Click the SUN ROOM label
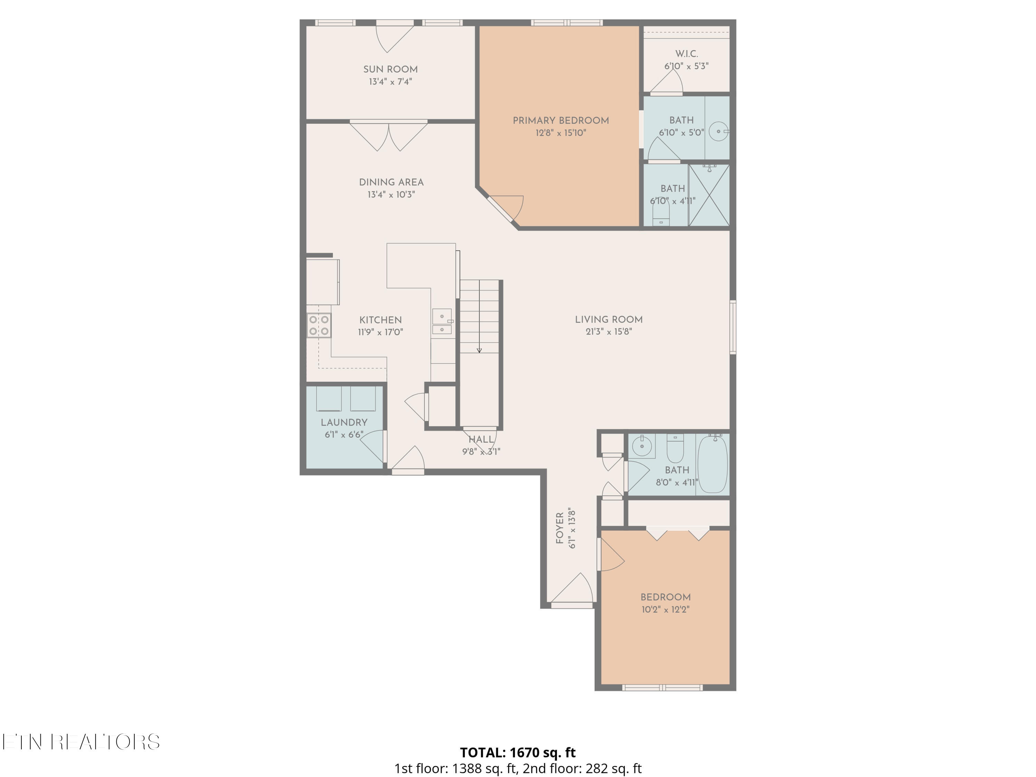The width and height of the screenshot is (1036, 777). click(x=390, y=69)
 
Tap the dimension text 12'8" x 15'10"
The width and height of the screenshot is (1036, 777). click(x=560, y=133)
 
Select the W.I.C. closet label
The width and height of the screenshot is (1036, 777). click(x=686, y=54)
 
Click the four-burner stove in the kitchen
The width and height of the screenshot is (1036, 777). click(x=319, y=325)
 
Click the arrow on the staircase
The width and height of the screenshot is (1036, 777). click(x=479, y=350)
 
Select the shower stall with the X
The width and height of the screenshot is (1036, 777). click(x=709, y=196)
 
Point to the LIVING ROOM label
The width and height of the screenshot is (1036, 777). click(x=608, y=320)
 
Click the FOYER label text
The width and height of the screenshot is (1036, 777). click(x=560, y=528)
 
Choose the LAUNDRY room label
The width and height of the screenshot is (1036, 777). click(x=344, y=422)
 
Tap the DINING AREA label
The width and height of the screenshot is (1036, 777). click(x=391, y=182)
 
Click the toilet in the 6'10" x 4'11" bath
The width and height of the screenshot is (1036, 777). click(x=661, y=214)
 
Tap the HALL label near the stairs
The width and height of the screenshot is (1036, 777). click(x=481, y=439)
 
